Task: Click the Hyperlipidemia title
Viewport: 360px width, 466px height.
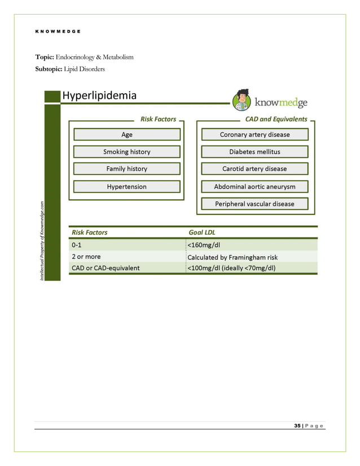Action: [x=99, y=95]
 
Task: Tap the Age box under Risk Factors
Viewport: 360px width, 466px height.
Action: [x=127, y=134]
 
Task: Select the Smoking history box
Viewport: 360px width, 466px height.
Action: [x=127, y=152]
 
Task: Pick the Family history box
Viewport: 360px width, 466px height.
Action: [x=127, y=169]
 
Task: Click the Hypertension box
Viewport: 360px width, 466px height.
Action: [x=127, y=187]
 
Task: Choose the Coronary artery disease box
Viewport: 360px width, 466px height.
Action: [x=254, y=134]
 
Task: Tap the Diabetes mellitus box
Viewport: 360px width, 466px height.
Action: [x=254, y=152]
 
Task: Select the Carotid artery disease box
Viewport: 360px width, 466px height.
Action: [x=254, y=169]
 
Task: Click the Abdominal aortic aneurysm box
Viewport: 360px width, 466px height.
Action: [x=254, y=187]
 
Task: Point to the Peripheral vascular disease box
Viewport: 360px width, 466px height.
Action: [x=254, y=204]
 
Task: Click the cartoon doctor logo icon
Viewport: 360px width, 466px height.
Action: [x=243, y=100]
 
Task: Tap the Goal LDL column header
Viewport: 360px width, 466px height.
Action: [x=201, y=232]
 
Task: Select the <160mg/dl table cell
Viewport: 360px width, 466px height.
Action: [x=204, y=245]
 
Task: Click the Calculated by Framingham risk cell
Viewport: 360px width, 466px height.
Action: [x=232, y=257]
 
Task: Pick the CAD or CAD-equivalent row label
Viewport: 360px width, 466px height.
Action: [x=106, y=267]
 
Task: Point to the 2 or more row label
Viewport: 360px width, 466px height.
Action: [x=86, y=257]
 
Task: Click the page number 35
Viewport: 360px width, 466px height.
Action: [x=297, y=425]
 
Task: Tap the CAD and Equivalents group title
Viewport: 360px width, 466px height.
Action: [x=276, y=119]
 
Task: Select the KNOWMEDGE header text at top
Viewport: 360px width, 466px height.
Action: [x=58, y=31]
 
